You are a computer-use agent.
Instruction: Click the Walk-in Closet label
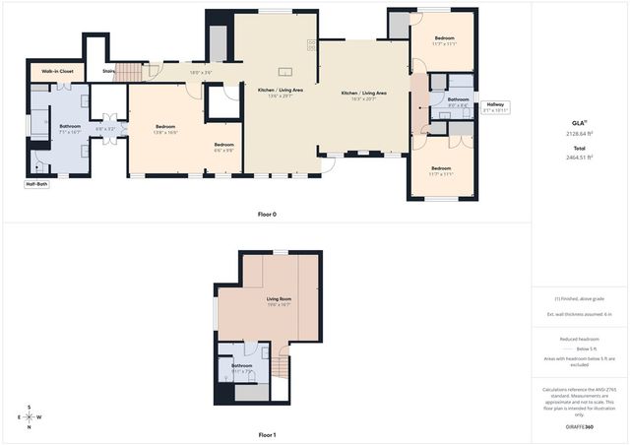tap(57, 71)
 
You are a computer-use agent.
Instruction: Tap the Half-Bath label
tap(36, 183)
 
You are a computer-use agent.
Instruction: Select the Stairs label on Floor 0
tap(108, 71)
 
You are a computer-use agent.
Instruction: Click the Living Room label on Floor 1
tap(279, 301)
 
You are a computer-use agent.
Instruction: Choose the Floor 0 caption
tap(267, 213)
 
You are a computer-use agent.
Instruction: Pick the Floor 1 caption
tap(267, 434)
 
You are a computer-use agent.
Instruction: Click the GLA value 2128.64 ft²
tap(579, 132)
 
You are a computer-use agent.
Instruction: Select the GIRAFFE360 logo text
tap(579, 426)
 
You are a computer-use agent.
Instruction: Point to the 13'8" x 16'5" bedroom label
tap(165, 129)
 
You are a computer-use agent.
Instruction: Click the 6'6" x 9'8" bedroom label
tap(224, 147)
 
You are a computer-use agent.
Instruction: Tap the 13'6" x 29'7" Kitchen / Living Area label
tap(281, 93)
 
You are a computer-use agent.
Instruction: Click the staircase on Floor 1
tap(281, 368)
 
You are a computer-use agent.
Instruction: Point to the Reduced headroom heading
tap(579, 338)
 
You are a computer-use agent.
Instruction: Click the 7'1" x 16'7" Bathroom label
tap(70, 129)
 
